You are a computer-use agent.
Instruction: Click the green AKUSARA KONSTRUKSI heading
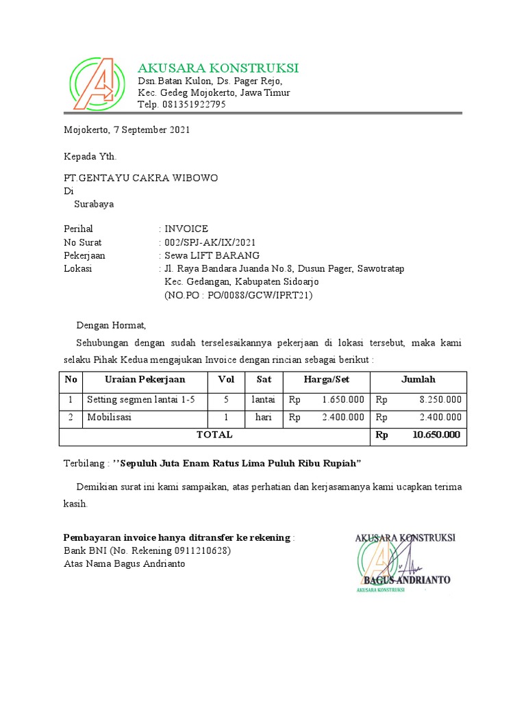point(218,68)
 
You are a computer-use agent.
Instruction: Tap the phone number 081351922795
point(194,105)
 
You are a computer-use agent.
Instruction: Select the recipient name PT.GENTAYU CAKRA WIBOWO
point(140,178)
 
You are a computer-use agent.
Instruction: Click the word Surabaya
point(94,204)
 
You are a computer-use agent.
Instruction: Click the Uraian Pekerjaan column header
point(145,379)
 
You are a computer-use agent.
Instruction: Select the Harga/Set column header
point(326,379)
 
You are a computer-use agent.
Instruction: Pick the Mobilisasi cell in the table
point(110,417)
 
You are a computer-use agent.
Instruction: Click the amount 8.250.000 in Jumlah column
point(438,399)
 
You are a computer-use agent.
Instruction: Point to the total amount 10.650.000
point(436,435)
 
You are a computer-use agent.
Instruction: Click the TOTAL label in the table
point(214,435)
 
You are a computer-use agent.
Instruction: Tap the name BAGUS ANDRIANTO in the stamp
point(407,580)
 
